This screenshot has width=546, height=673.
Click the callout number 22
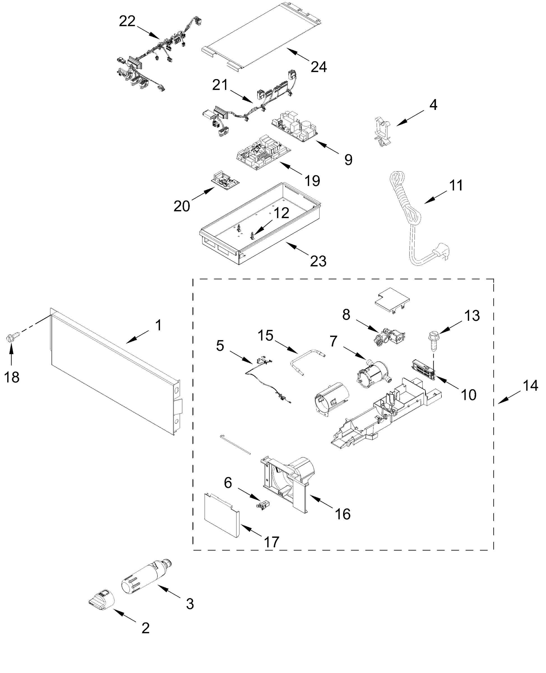click(127, 21)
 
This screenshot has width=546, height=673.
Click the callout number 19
click(312, 181)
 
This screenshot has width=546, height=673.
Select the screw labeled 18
click(12, 339)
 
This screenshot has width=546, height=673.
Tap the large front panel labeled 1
click(113, 371)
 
